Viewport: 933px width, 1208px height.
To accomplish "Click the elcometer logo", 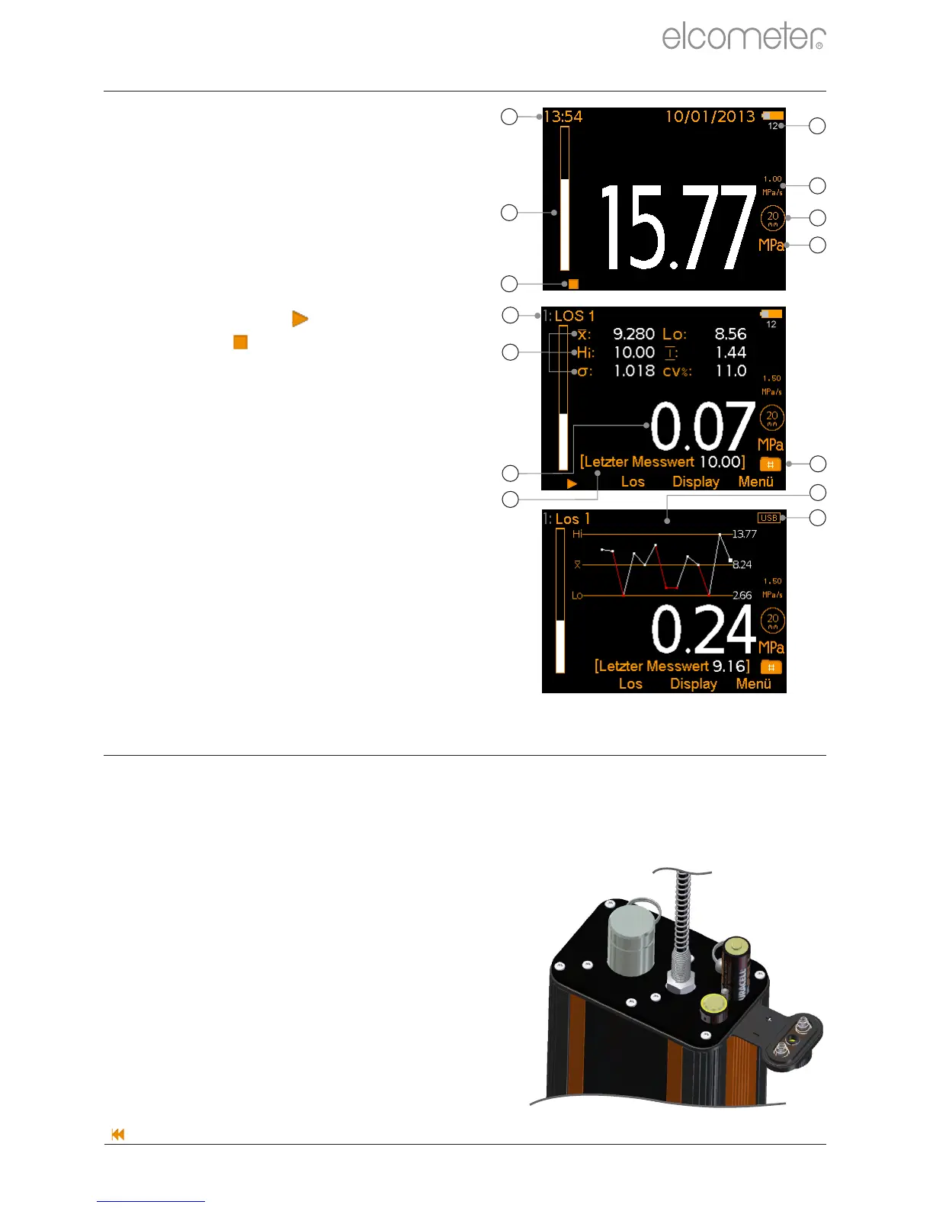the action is [743, 37].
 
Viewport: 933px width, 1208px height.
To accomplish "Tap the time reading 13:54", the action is [563, 117].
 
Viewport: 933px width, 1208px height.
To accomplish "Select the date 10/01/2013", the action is [710, 117].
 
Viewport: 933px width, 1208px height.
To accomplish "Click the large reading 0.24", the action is [703, 630].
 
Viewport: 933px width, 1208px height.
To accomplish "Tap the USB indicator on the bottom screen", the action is [769, 518].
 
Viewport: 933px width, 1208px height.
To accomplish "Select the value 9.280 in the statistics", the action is [634, 334].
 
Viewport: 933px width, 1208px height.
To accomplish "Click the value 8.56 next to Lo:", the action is [730, 334].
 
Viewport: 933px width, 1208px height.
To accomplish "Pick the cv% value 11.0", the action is [730, 371].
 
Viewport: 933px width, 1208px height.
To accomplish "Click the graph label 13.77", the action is [744, 534].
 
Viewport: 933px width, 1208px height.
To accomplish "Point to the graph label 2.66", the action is [742, 596].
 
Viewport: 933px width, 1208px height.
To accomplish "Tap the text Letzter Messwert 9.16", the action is [672, 667].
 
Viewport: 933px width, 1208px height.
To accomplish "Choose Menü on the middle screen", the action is [755, 482].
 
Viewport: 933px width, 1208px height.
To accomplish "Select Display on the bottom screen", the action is [694, 684].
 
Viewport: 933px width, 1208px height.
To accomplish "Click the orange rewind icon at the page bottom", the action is [118, 1134].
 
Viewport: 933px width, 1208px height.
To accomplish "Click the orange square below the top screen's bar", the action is [574, 284].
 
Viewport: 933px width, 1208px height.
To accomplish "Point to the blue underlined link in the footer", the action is [151, 1200].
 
